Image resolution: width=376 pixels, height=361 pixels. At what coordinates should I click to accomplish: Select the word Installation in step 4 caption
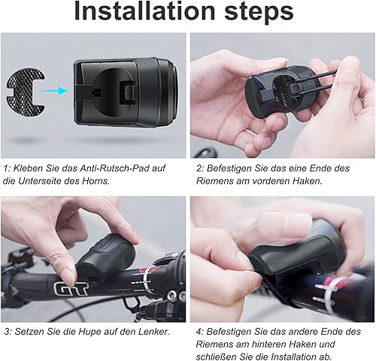click(302, 356)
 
